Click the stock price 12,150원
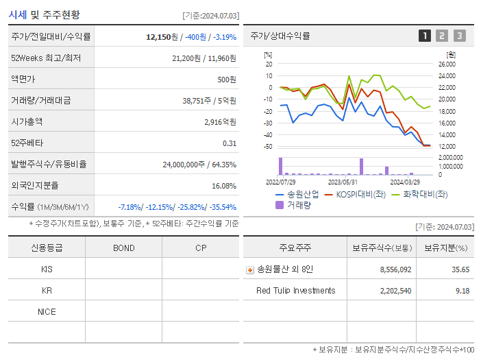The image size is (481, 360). click(162, 36)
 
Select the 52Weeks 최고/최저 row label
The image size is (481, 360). click(46, 58)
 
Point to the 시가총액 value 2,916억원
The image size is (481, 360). click(220, 122)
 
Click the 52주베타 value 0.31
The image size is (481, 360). click(229, 143)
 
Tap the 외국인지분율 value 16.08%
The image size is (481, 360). click(224, 186)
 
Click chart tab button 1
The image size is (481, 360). click(425, 36)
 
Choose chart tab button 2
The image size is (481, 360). click(442, 36)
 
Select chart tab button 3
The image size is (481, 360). click(459, 36)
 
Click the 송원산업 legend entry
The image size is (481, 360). click(297, 194)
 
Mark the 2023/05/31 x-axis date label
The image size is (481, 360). click(343, 182)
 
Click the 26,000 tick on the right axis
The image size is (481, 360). click(446, 64)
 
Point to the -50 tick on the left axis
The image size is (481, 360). click(269, 147)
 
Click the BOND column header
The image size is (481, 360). click(123, 248)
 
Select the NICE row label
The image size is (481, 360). click(47, 311)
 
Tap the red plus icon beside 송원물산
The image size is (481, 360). click(249, 269)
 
